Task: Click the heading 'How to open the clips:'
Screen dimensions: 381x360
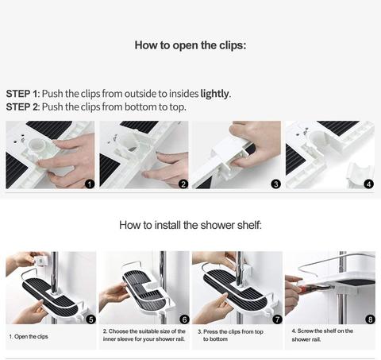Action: pyautogui.click(x=190, y=45)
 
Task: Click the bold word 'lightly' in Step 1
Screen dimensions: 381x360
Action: pyautogui.click(x=214, y=94)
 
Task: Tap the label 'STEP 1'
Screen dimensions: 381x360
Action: pyautogui.click(x=22, y=94)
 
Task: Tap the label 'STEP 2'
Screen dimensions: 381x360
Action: pyautogui.click(x=22, y=107)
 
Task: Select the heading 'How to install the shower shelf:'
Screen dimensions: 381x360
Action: pyautogui.click(x=190, y=225)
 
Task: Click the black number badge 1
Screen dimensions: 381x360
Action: pyautogui.click(x=90, y=184)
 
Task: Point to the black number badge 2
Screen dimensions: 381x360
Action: pyautogui.click(x=183, y=184)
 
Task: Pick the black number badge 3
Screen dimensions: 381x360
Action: pyautogui.click(x=276, y=184)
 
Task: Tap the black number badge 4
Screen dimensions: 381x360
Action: pyautogui.click(x=369, y=184)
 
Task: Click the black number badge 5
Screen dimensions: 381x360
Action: pyautogui.click(x=91, y=319)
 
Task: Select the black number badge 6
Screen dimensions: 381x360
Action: pyautogui.click(x=184, y=319)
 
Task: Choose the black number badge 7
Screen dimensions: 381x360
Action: pyautogui.click(x=277, y=319)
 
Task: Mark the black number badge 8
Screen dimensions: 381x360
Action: pyautogui.click(x=370, y=319)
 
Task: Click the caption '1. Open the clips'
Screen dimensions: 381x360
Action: pyautogui.click(x=29, y=337)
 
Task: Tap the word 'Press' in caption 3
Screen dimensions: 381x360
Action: pyautogui.click(x=211, y=331)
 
